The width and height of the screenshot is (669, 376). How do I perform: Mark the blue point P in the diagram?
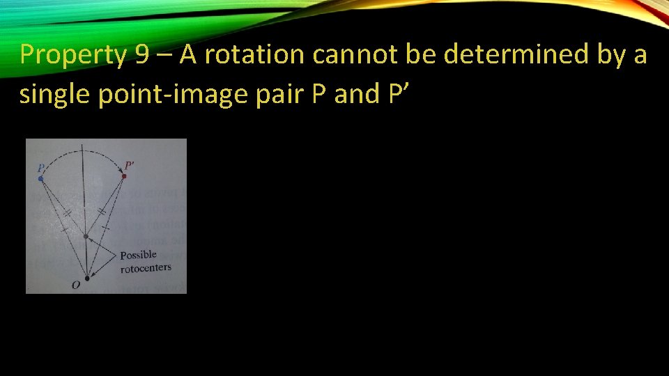(40, 179)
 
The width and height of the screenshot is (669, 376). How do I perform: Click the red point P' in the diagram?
(124, 177)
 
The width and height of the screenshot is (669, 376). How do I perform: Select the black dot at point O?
(86, 279)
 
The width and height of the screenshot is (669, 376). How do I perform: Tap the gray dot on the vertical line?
(86, 237)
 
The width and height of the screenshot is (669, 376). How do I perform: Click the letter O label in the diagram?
(75, 285)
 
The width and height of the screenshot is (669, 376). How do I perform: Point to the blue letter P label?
(41, 168)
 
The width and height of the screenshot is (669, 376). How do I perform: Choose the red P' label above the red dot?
(129, 166)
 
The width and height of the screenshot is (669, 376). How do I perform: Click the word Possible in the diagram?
(138, 255)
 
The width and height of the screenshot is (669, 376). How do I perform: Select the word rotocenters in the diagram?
(145, 268)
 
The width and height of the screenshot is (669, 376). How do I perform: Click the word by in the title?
(615, 55)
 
